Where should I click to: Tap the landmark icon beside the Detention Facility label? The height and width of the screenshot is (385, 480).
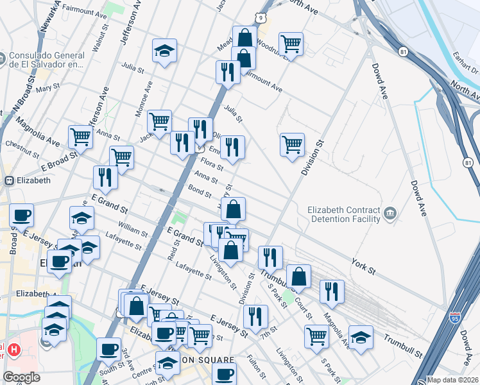391,213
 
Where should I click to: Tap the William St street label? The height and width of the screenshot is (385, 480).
133,228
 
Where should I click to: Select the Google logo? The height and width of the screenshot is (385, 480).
21,377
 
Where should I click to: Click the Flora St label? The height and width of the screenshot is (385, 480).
211,164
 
